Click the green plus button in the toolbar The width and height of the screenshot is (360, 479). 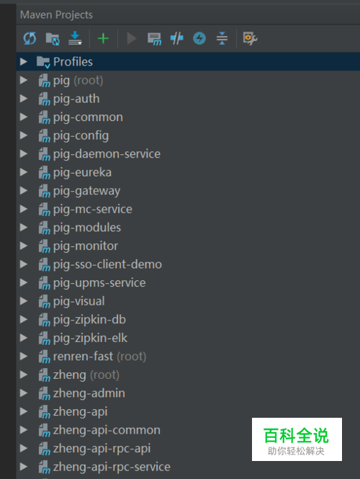103,38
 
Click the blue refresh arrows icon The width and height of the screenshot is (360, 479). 30,38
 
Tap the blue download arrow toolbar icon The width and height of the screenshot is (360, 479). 75,38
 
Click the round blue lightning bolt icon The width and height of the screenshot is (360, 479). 199,38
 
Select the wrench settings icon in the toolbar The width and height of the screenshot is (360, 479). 250,38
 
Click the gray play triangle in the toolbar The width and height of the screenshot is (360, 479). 132,38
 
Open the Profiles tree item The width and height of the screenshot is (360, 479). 73,62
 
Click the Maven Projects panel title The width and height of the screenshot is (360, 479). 56,14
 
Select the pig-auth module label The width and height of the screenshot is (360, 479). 76,99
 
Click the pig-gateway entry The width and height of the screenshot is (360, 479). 86,191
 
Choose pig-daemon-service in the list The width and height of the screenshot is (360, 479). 107,154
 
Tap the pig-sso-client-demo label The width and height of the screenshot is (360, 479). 107,264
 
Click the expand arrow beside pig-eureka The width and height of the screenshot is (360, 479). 24,172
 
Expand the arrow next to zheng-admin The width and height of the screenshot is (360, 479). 24,393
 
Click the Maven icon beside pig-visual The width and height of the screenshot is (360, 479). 44,302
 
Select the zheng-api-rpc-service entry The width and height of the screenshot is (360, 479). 112,467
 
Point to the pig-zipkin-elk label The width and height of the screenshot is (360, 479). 90,338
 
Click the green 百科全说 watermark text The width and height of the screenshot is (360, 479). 296,435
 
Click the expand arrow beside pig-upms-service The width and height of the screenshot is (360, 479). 24,282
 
